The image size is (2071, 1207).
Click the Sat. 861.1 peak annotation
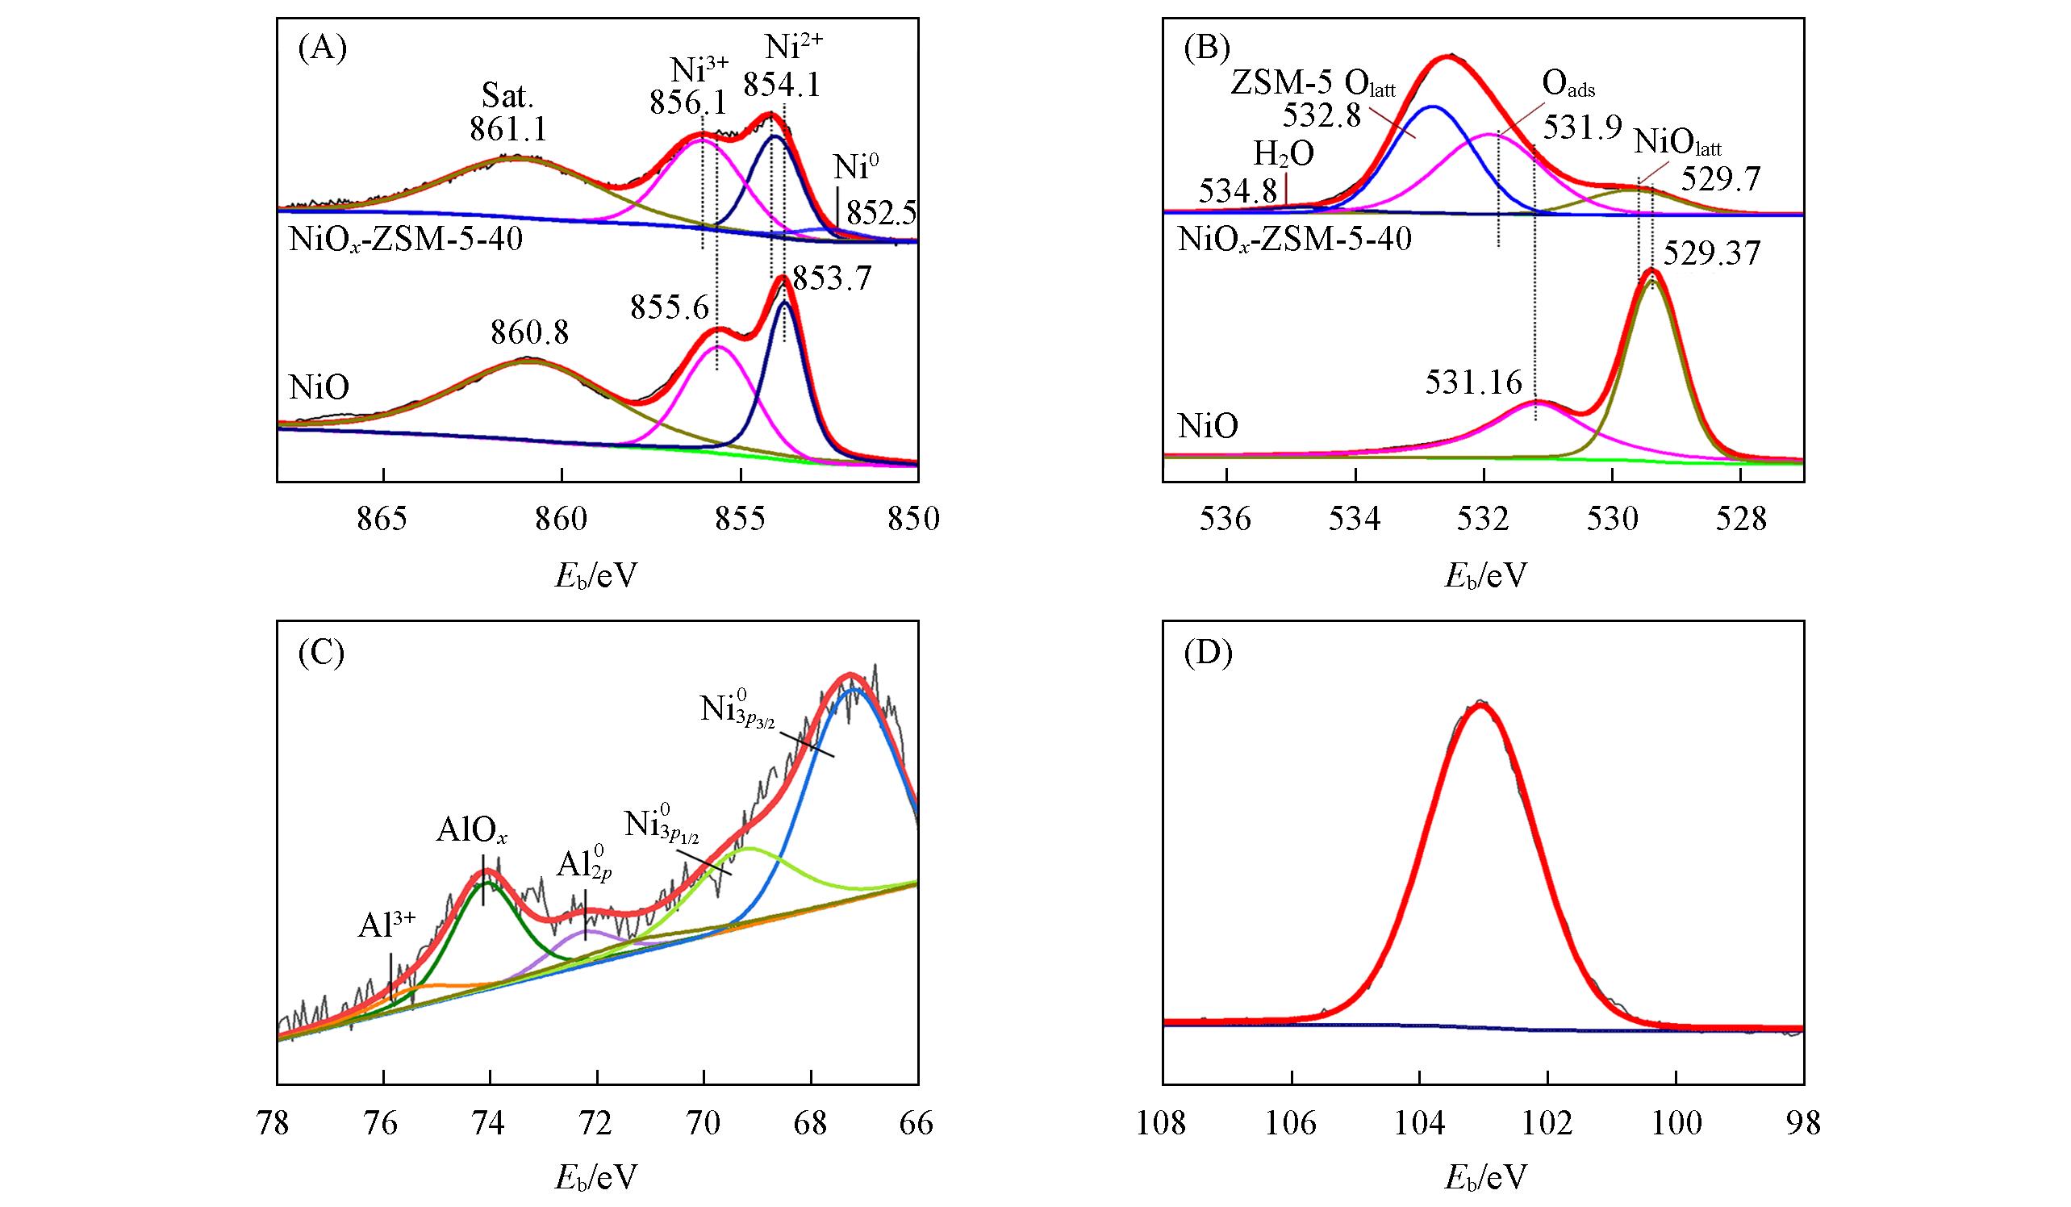point(508,114)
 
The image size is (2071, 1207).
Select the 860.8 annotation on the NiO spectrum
point(530,333)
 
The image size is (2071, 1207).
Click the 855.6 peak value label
point(670,308)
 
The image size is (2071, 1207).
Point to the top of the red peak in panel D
point(1482,704)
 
